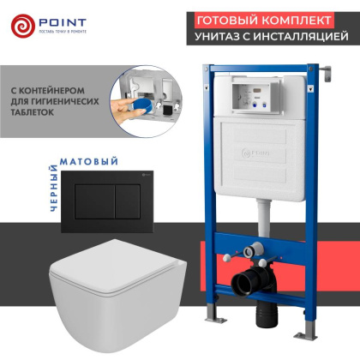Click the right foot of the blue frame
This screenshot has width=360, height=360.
pyautogui.click(x=327, y=330)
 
